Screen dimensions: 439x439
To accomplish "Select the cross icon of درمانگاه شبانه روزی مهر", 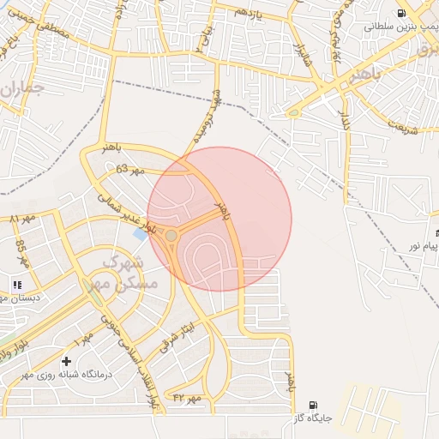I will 67,361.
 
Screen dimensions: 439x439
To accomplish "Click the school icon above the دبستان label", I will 16,285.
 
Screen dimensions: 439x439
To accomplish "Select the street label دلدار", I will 346,120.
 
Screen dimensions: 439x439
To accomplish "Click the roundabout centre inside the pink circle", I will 171,235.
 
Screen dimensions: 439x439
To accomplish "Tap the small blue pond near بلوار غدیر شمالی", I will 140,233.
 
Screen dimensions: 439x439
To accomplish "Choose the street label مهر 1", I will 82,334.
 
